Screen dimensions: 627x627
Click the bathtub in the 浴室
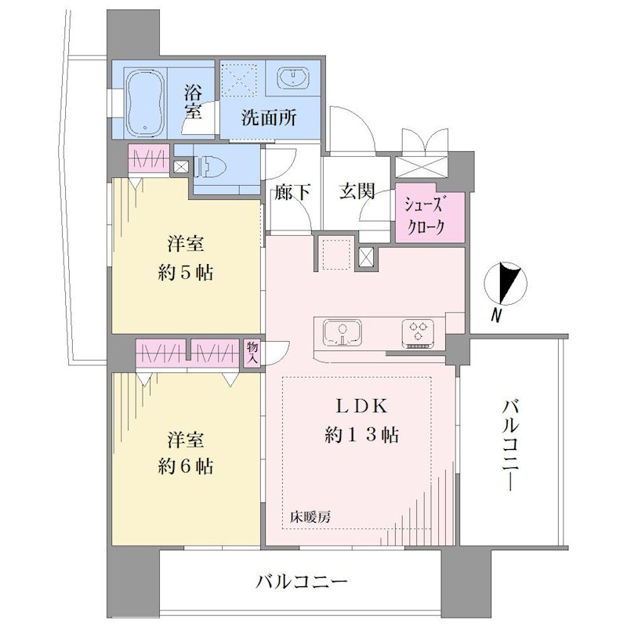click(145, 104)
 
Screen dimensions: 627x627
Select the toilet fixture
click(210, 166)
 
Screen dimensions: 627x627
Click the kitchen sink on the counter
click(342, 332)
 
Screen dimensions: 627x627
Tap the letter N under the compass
click(496, 316)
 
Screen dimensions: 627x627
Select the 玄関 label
click(357, 191)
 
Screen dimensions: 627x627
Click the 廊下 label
click(292, 193)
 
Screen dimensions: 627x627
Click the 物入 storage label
click(252, 352)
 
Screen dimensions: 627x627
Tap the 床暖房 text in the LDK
click(310, 517)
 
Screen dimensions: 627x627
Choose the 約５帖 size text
click(186, 273)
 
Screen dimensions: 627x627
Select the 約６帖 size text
click(186, 466)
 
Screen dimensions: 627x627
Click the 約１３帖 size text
click(361, 434)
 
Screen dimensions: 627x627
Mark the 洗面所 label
click(269, 118)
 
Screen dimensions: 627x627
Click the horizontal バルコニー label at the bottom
click(302, 582)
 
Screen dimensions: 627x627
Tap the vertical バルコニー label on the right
click(510, 446)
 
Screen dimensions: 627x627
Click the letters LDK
click(361, 407)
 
